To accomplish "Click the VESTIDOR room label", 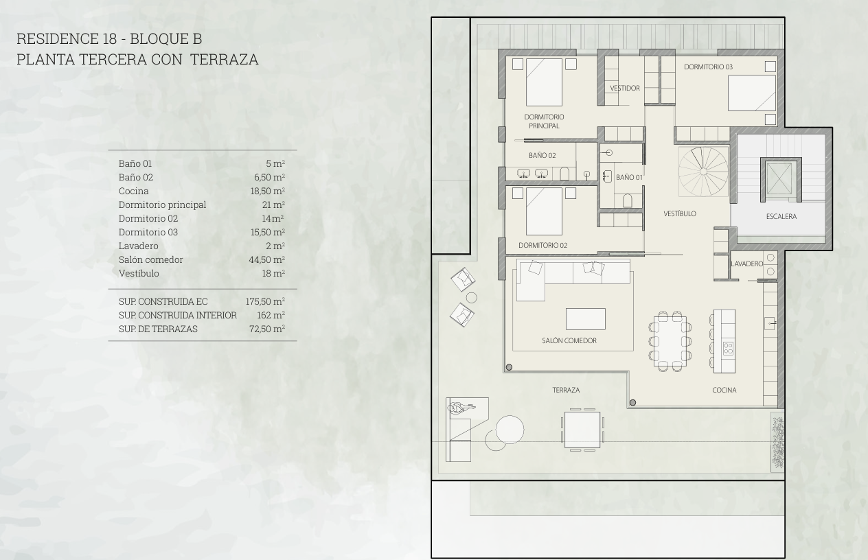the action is tap(625, 89).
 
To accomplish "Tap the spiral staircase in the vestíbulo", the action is tap(703, 172).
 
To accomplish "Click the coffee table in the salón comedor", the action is tap(586, 318).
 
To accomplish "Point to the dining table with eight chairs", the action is tap(670, 341).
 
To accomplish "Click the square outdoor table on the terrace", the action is tap(582, 430).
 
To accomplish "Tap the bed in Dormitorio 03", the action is tap(752, 93).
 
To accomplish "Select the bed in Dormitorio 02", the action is tap(544, 211).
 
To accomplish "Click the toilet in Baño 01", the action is tap(628, 200).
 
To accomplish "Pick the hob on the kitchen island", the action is tap(728, 348).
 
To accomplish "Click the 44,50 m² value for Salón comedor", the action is tap(266, 259).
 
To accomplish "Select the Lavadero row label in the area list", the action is tap(138, 246).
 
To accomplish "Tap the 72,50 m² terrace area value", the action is tap(267, 329).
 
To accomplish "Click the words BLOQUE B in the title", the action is tap(166, 38).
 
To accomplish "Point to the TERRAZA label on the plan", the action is tap(566, 390).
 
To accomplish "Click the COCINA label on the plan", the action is tap(724, 390).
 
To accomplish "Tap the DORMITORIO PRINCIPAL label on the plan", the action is tap(544, 121).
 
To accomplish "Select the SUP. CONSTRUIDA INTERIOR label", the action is tap(177, 315).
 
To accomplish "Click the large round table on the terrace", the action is tap(510, 430).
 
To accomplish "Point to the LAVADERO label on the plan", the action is tap(746, 264).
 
